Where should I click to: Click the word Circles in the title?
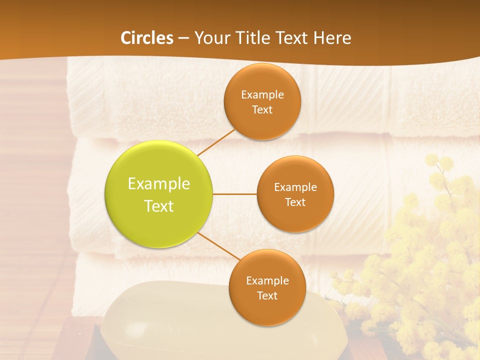(146, 38)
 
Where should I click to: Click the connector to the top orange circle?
(216, 142)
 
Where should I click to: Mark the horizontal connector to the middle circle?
(235, 194)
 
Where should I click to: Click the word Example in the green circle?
(159, 184)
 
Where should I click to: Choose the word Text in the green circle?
(159, 206)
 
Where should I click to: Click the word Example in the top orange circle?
(262, 94)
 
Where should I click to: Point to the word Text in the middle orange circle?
(295, 202)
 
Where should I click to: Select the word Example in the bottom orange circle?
(267, 280)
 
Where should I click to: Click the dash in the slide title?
(183, 38)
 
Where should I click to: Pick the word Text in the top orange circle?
(262, 109)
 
